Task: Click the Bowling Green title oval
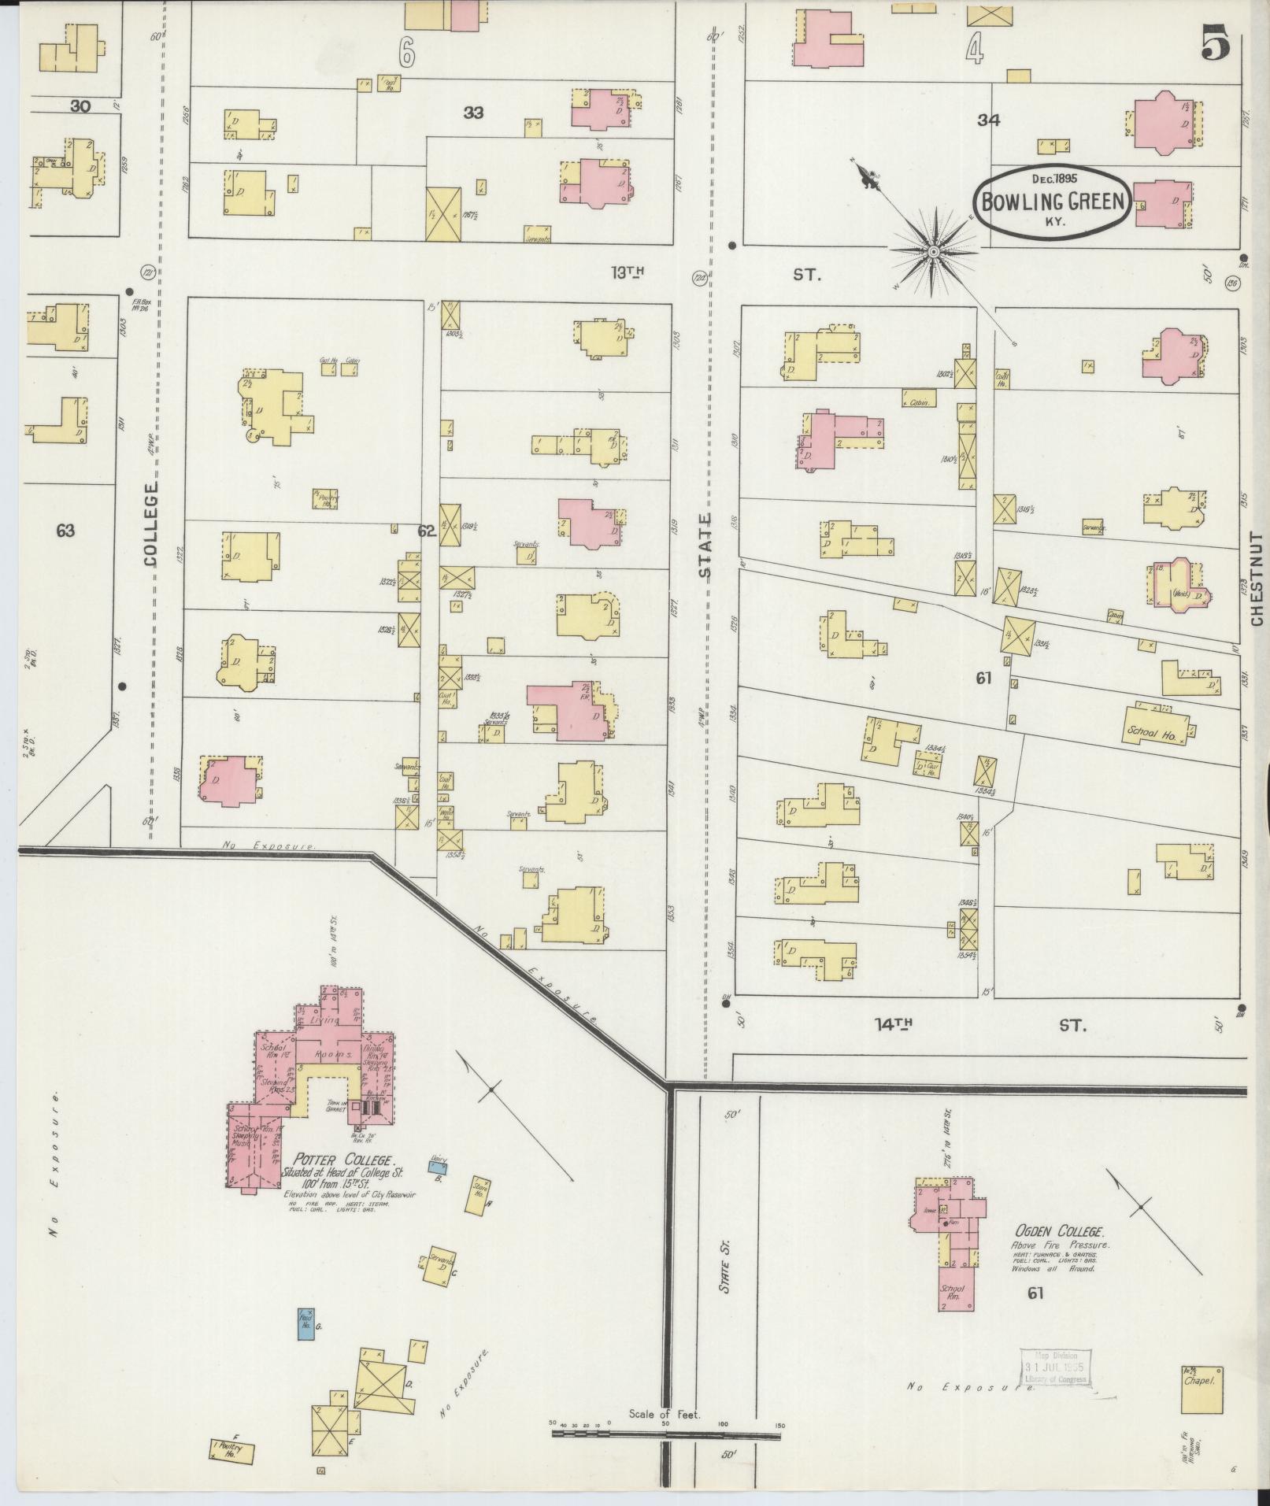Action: tap(1053, 202)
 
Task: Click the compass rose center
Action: tap(933, 252)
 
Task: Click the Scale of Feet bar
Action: tap(666, 883)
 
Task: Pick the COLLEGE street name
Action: tap(151, 524)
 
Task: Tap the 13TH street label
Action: tap(628, 272)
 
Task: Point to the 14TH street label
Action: tap(893, 1024)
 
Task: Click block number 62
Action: tap(427, 531)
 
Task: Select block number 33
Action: tap(472, 113)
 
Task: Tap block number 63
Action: tap(65, 531)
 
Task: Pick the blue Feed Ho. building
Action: tap(305, 1324)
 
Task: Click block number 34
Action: tap(988, 120)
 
